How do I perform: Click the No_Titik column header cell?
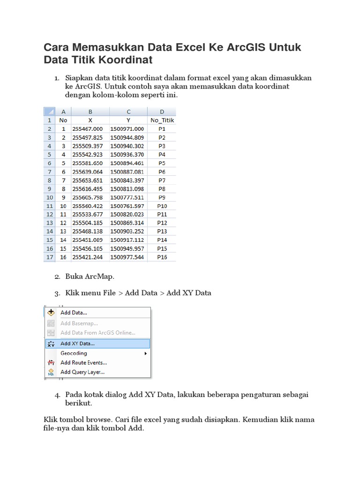click(x=162, y=120)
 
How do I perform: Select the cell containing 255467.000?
click(x=87, y=129)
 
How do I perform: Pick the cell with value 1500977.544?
click(x=127, y=257)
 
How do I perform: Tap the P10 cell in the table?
click(x=162, y=206)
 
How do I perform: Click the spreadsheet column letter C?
click(x=128, y=112)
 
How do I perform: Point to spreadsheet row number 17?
click(x=49, y=257)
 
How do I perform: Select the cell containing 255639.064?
click(x=87, y=172)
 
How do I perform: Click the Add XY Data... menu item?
click(x=77, y=344)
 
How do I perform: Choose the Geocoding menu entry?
click(x=74, y=353)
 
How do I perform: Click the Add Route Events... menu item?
click(x=83, y=362)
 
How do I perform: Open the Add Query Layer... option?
click(x=82, y=372)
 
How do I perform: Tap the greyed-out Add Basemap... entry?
click(x=79, y=323)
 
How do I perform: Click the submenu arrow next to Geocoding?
click(x=146, y=353)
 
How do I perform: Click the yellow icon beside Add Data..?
click(x=51, y=313)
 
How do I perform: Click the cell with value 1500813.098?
click(x=127, y=189)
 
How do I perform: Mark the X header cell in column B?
click(x=90, y=120)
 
